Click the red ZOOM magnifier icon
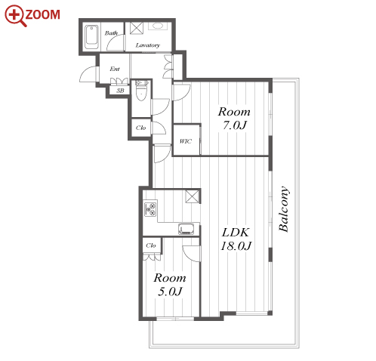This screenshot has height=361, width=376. tap(15, 15)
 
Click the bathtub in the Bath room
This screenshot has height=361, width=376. tap(91, 37)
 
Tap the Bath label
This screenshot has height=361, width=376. tap(111, 33)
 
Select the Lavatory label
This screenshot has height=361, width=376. tap(148, 45)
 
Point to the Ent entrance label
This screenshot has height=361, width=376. tap(115, 69)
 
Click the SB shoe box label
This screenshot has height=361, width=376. tap(120, 91)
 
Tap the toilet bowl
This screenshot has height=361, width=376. tap(141, 90)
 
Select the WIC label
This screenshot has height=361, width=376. tap(186, 141)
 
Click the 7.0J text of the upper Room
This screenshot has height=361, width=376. tap(234, 125)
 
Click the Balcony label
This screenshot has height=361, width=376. tap(284, 208)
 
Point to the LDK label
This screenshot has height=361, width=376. tap(236, 233)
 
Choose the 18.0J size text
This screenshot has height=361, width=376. tap(236, 245)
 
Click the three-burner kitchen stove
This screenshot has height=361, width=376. tap(150, 208)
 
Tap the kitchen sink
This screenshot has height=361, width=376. tap(186, 229)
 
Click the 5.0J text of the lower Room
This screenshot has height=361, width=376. tap(170, 292)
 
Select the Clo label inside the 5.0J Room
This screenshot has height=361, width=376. tap(151, 245)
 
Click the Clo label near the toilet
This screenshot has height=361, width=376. tap(140, 128)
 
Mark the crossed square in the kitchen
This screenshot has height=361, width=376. tap(193, 196)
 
